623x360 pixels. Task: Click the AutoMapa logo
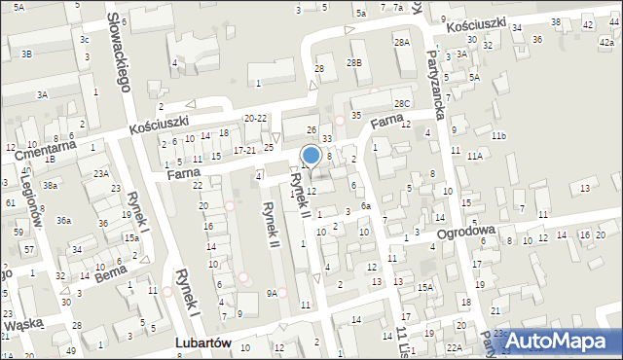pos(562,340)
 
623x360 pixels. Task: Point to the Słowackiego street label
pos(119,54)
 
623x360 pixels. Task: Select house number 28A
pos(401,43)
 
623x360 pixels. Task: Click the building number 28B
pos(353,62)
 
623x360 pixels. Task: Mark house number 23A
pos(99,173)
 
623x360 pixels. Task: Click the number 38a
pos(49,185)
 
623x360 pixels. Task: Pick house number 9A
pos(273,292)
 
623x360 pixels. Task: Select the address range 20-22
pos(255,118)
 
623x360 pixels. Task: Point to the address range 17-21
pos(244,151)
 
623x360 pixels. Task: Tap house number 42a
pos(605,43)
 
